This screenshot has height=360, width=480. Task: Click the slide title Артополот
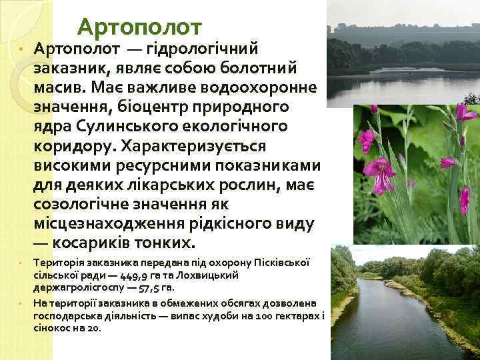point(139,27)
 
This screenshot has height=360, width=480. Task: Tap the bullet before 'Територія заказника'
point(21,264)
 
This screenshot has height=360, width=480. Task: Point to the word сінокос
point(51,329)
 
